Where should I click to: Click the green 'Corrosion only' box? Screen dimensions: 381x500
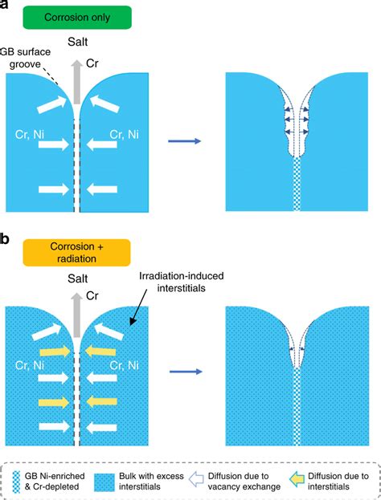click(77, 17)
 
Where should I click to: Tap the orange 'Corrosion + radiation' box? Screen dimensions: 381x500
click(76, 253)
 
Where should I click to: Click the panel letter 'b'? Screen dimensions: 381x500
click(4, 238)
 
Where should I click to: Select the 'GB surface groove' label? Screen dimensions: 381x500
click(25, 58)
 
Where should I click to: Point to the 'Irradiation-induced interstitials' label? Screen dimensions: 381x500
click(182, 282)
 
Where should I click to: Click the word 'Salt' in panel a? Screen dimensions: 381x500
click(78, 42)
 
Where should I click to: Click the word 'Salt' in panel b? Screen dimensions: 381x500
click(78, 278)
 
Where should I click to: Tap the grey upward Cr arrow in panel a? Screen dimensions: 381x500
click(76, 82)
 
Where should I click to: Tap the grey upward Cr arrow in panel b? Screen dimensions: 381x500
click(76, 315)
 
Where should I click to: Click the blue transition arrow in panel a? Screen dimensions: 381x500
click(185, 141)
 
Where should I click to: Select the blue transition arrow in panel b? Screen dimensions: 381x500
click(186, 372)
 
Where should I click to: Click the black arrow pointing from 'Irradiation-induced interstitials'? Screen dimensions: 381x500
click(138, 307)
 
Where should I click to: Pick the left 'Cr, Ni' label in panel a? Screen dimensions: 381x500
click(30, 135)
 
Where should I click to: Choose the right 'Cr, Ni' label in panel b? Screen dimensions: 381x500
click(125, 365)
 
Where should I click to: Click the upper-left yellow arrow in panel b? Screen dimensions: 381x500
click(55, 352)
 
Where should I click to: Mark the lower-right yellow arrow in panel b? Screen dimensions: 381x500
click(100, 402)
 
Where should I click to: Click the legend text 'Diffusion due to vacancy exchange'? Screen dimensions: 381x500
click(244, 482)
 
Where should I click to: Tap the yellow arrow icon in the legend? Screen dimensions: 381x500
click(297, 480)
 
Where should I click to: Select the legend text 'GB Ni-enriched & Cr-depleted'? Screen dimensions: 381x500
click(55, 482)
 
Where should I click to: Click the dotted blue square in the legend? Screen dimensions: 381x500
click(104, 482)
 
